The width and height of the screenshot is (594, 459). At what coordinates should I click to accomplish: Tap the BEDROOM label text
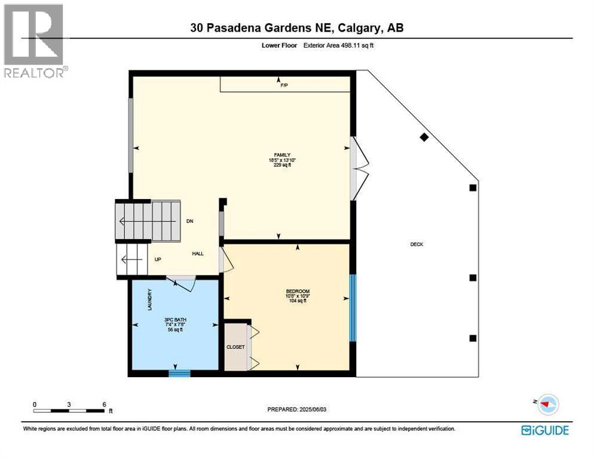point(297,291)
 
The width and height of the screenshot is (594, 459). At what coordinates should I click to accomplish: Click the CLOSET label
point(235,347)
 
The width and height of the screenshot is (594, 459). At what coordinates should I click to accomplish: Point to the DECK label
point(417,244)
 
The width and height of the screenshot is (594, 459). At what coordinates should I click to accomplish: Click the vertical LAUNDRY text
point(150,299)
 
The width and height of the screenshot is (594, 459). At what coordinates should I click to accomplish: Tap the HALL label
point(198,253)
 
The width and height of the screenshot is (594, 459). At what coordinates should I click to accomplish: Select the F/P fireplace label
point(284,86)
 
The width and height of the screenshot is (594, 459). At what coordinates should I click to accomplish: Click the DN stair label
point(189,221)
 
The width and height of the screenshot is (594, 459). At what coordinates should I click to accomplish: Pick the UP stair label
point(158,259)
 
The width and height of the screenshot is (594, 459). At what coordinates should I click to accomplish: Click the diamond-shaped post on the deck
point(424,137)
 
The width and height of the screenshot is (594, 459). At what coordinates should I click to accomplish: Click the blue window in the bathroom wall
point(179,374)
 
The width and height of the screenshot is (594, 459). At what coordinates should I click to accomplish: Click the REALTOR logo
point(35,41)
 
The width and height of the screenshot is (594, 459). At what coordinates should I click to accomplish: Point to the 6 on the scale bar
point(104,405)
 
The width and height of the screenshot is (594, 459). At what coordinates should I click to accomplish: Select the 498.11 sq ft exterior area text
point(341,44)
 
